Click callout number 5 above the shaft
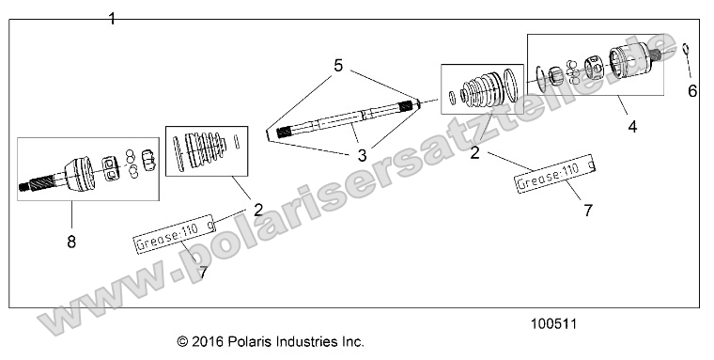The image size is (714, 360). (x=338, y=65)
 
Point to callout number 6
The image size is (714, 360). (x=693, y=90)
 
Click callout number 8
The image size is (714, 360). (x=70, y=242)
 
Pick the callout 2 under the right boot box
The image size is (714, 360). (x=475, y=152)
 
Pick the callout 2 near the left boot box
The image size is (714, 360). (x=256, y=211)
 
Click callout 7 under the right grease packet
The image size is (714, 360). (x=587, y=211)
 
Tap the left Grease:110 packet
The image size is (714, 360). (x=174, y=243)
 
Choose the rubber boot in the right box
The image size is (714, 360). (x=483, y=91)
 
